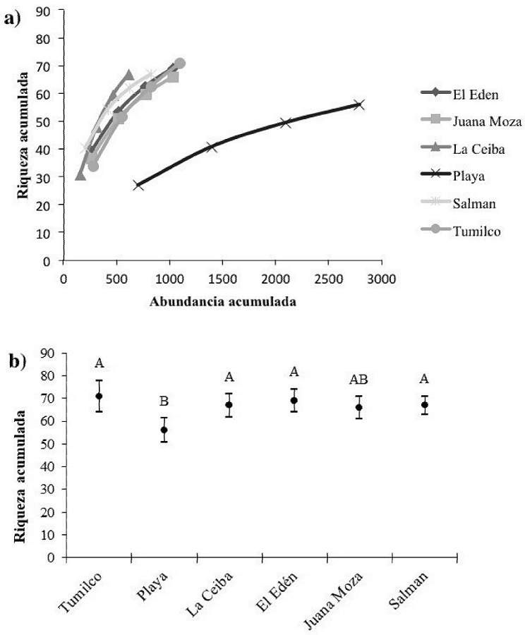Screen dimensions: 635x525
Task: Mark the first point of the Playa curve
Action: click(138, 185)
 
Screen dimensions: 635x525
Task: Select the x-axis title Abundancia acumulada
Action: click(222, 302)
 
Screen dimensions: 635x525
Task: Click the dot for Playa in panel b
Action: click(164, 430)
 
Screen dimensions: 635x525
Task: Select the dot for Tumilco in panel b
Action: click(99, 396)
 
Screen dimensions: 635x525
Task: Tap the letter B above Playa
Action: click(164, 402)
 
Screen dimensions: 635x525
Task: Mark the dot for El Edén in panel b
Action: click(294, 401)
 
